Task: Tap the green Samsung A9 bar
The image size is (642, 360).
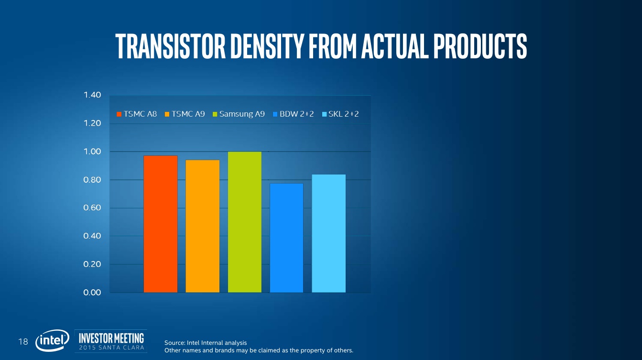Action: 245,222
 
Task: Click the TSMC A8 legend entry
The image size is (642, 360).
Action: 137,114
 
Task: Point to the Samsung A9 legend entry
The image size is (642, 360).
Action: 239,114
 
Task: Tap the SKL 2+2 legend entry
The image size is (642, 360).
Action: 340,114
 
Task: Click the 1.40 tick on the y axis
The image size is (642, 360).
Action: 92,95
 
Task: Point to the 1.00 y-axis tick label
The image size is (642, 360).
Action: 92,152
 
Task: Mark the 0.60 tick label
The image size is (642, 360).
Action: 92,208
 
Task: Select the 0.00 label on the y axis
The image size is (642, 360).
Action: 92,293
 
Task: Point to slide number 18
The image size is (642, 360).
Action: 23,341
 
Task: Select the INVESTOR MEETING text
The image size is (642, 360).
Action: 111,337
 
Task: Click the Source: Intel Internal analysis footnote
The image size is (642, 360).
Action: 206,343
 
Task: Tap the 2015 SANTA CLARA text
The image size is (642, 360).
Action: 111,348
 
